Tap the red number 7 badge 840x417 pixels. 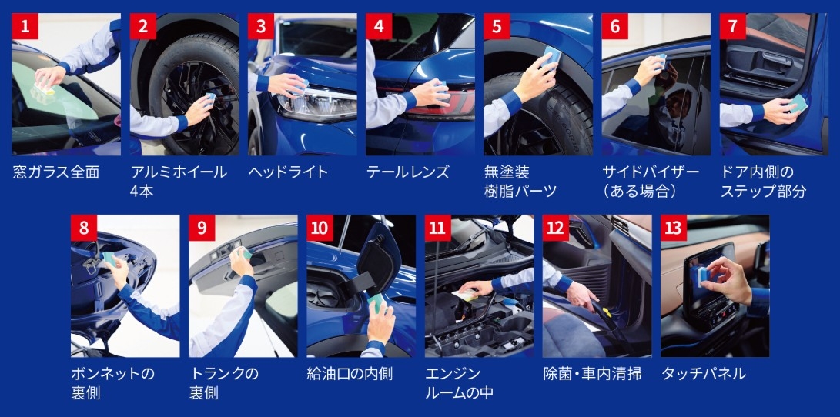732,26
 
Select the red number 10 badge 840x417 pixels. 320,228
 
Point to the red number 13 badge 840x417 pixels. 674,228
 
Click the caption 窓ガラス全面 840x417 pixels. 56,172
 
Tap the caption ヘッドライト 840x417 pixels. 288,172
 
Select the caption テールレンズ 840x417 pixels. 407,172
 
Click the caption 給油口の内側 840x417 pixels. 350,374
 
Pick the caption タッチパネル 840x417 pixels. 704,374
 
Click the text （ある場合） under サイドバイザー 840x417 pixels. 641,191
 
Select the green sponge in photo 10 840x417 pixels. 376,303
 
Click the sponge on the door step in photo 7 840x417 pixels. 797,103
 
